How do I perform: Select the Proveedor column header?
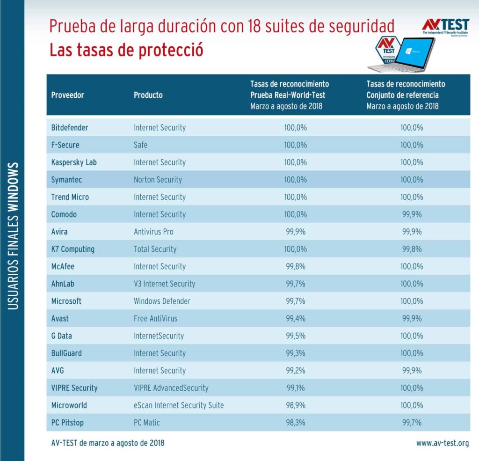click(x=67, y=95)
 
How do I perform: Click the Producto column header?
click(x=148, y=95)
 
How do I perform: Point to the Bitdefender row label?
click(x=70, y=127)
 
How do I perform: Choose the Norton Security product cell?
click(x=158, y=180)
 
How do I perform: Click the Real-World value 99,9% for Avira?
click(x=296, y=232)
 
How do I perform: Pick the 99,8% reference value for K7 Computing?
click(x=412, y=249)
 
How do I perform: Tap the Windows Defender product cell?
click(x=162, y=301)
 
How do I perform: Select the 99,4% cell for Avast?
click(x=296, y=319)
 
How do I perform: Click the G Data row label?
click(x=61, y=336)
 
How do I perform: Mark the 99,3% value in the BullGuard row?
click(x=296, y=353)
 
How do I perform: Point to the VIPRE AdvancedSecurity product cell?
click(x=171, y=388)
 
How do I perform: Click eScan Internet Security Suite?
click(x=179, y=405)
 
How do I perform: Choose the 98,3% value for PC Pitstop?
click(x=296, y=423)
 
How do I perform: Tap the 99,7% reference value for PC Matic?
click(x=412, y=423)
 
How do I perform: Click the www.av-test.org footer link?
click(x=443, y=443)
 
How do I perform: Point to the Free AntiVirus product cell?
click(x=155, y=319)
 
